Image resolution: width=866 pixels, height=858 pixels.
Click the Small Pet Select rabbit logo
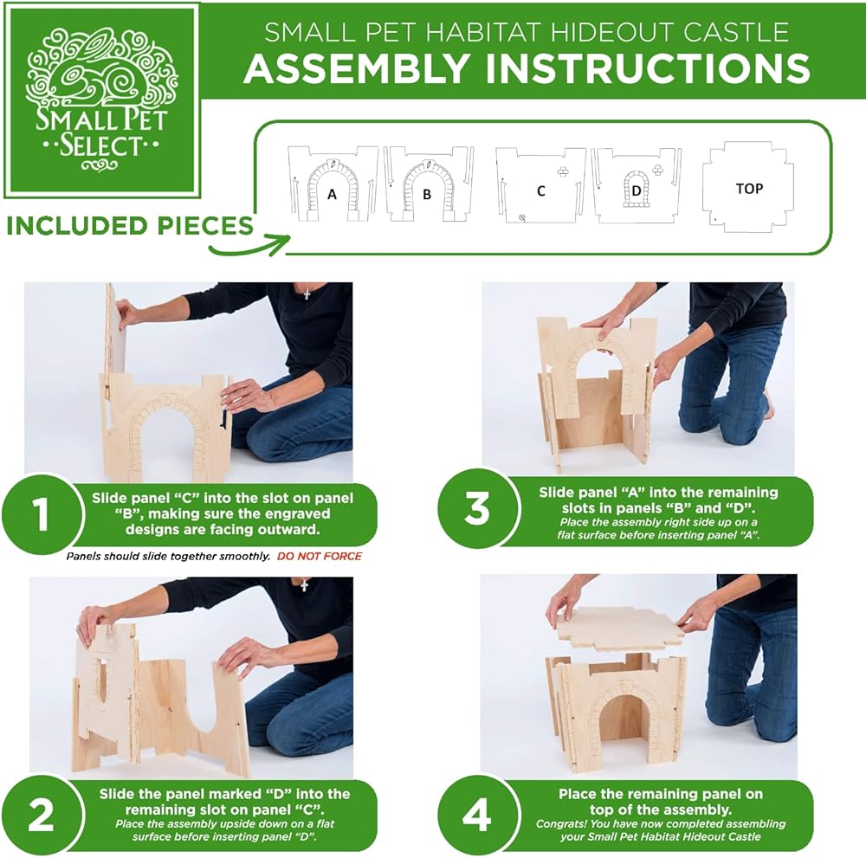101,100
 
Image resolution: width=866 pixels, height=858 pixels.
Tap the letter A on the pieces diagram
332,194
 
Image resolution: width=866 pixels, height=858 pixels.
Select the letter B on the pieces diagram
427,194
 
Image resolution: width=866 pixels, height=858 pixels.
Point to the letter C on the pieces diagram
541,191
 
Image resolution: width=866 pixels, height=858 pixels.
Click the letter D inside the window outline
637,191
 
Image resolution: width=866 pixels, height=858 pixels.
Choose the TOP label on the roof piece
749,189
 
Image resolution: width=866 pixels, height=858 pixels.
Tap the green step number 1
41,514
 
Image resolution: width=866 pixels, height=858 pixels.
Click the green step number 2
42,814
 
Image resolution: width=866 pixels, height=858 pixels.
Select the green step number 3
477,508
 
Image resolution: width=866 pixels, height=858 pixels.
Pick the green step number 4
477,815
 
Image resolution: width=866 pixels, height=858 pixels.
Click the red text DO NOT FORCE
320,556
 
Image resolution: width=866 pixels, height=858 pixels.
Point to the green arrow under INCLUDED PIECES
249,246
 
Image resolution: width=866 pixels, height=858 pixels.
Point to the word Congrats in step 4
559,823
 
